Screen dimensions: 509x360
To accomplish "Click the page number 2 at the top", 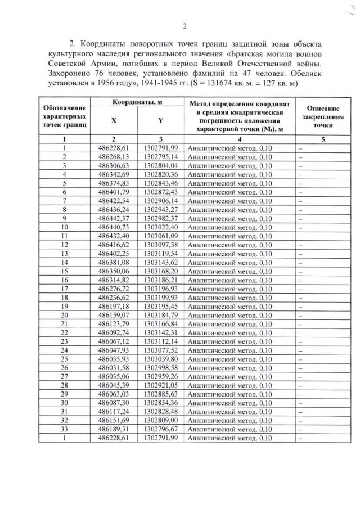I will pyautogui.click(x=184, y=26).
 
